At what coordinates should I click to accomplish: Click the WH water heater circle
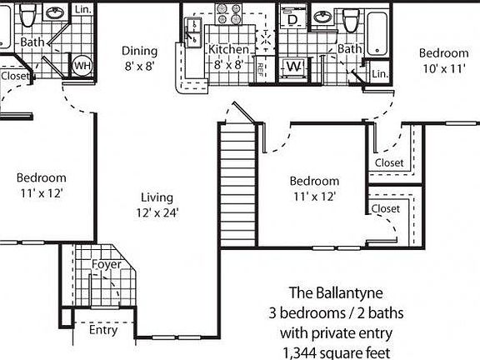coord(82,65)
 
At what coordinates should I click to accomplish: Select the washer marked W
coord(293,67)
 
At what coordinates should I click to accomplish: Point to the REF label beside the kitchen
coord(261,67)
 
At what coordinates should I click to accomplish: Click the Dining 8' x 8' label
coord(139,57)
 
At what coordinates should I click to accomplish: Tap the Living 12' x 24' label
coord(157,205)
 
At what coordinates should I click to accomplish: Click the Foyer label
coord(107,265)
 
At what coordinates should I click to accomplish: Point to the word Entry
coord(103,330)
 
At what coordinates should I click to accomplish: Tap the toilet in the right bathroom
coord(351,18)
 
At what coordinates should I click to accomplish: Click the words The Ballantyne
coord(337,292)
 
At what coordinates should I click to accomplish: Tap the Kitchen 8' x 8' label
coord(228,57)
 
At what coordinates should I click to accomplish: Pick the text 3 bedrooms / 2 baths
coord(337,313)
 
